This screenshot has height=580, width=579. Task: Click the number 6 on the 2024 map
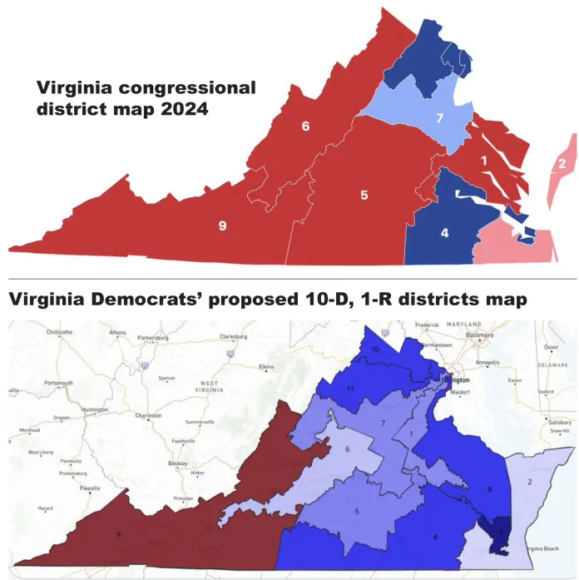click(305, 126)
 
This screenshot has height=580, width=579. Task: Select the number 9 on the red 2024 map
click(222, 226)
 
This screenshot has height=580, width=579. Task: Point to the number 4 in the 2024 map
click(444, 233)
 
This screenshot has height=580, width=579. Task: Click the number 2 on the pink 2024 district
click(562, 163)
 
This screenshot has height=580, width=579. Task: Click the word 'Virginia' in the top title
click(72, 88)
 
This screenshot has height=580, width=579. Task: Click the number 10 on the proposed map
click(375, 350)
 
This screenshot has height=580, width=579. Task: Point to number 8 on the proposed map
click(489, 488)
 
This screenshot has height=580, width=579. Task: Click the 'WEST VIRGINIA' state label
click(209, 387)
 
